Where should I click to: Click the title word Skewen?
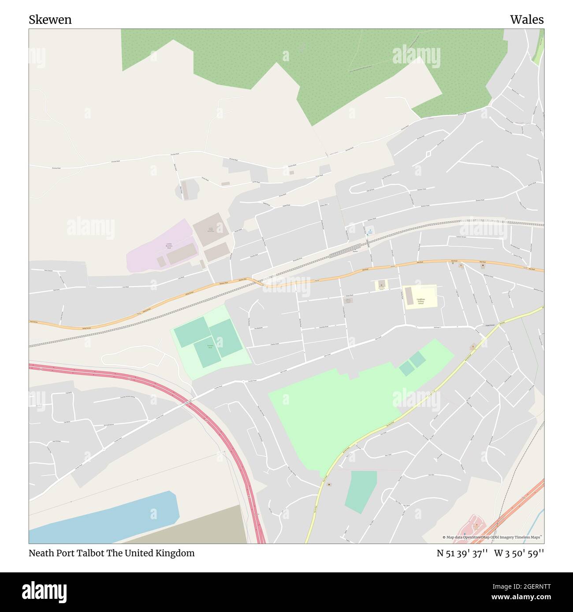[50, 20]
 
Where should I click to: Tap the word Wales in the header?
[527, 20]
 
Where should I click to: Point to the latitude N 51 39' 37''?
[462, 553]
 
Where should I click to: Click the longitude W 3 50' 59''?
[519, 553]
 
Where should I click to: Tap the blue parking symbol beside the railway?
[370, 231]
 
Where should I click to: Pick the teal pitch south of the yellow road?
[361, 491]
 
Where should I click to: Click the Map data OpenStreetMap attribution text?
[493, 537]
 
